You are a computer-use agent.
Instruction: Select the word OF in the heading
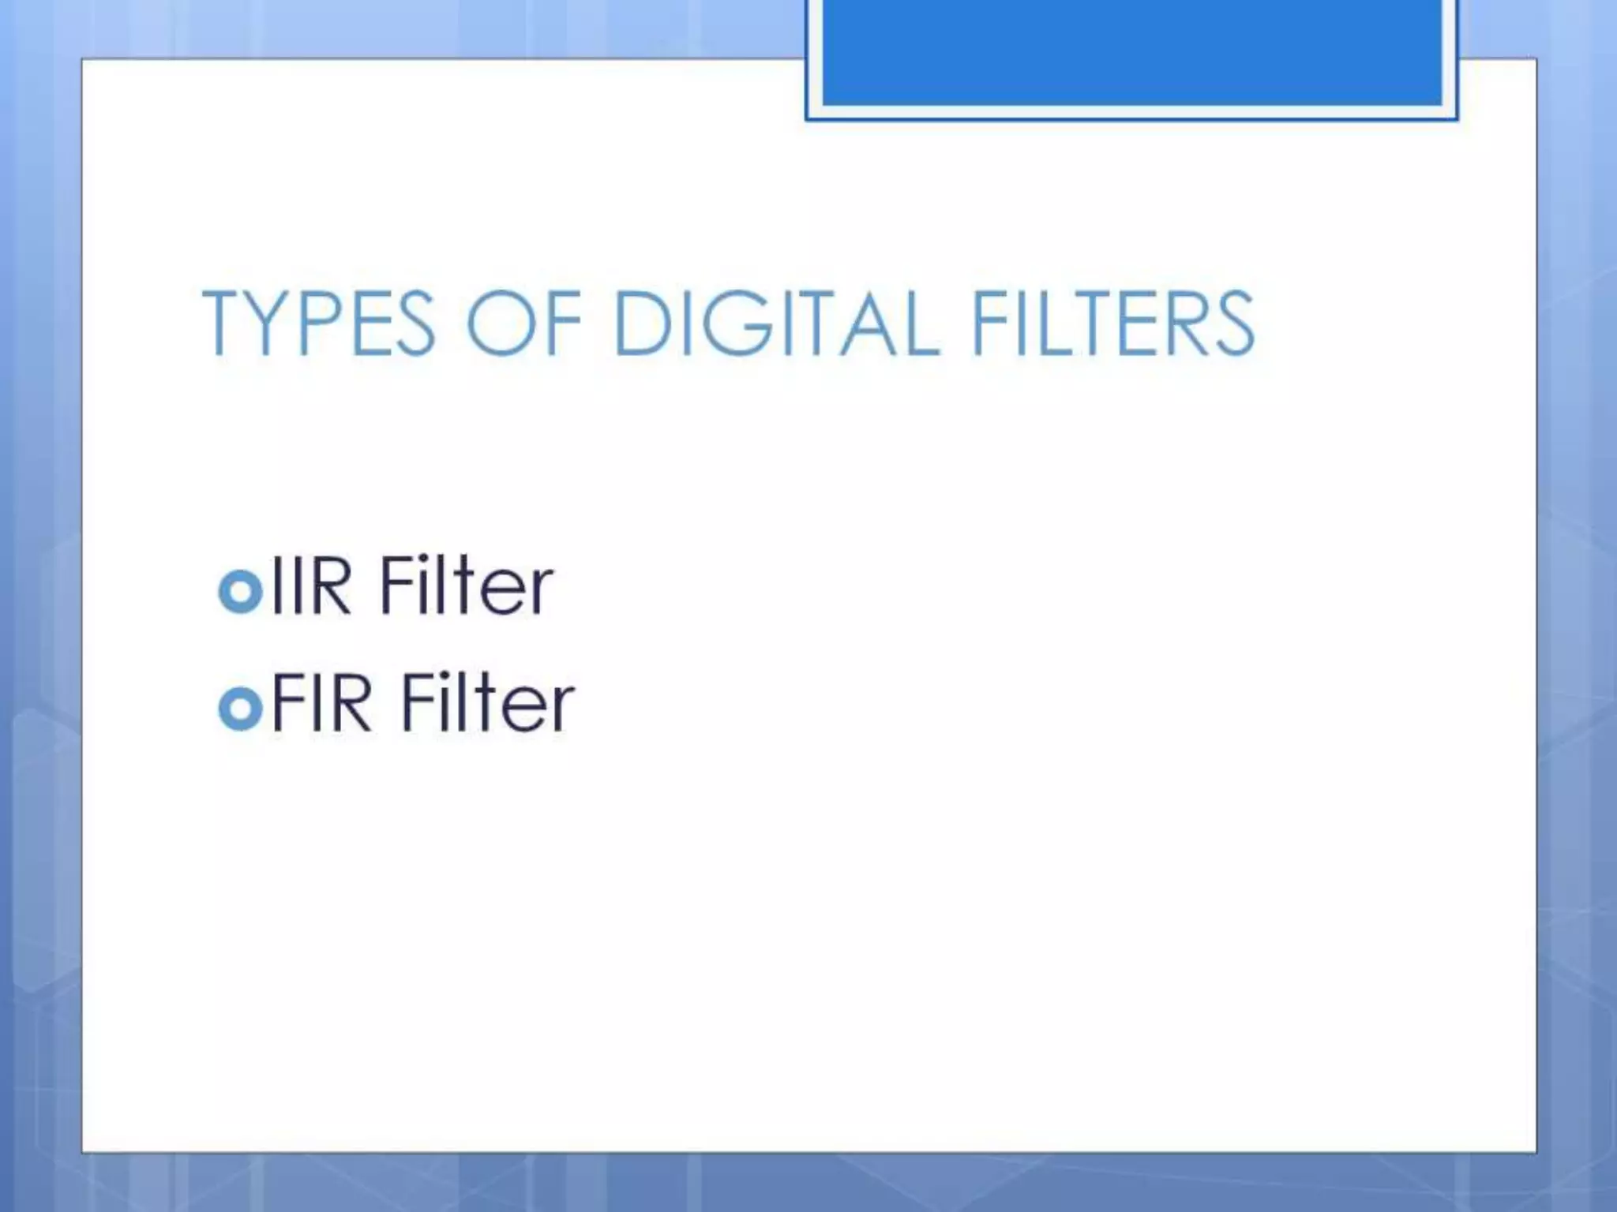pyautogui.click(x=524, y=324)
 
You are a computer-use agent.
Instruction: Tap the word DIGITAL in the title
pyautogui.click(x=777, y=324)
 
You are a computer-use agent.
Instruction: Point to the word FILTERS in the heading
pyautogui.click(x=1112, y=324)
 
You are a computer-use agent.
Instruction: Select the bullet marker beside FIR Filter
pyautogui.click(x=239, y=708)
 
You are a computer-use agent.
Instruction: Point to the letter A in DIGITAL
pyautogui.click(x=866, y=324)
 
